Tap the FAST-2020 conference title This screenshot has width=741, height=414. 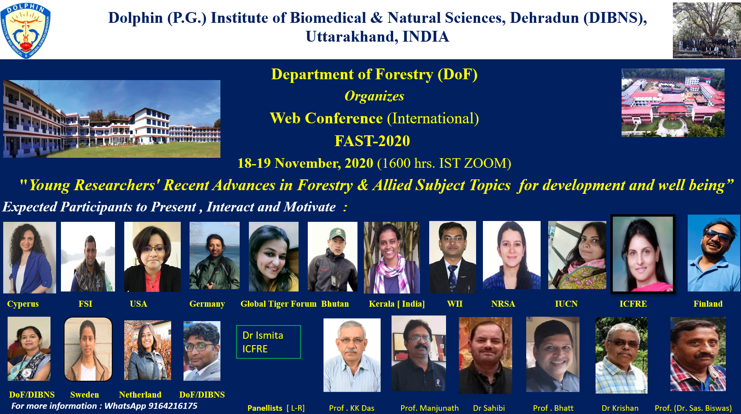(372, 141)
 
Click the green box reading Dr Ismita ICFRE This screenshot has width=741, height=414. (269, 342)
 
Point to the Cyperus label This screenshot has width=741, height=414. (23, 304)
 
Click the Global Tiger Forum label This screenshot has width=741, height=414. (279, 304)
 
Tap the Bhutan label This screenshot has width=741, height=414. (335, 304)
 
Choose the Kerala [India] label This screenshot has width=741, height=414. (397, 304)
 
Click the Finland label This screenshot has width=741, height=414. (708, 304)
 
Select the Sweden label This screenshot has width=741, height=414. (85, 395)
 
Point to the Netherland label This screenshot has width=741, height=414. (140, 395)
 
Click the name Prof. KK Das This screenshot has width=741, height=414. (351, 408)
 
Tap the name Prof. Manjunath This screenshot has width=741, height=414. (430, 408)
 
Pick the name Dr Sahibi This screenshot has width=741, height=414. (489, 408)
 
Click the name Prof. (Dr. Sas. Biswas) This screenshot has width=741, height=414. (693, 408)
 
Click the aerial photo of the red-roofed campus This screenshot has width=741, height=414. (673, 102)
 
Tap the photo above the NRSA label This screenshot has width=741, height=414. (511, 255)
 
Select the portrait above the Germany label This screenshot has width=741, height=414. (214, 255)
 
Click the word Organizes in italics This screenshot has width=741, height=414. (374, 96)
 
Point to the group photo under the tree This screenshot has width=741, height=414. (707, 30)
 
